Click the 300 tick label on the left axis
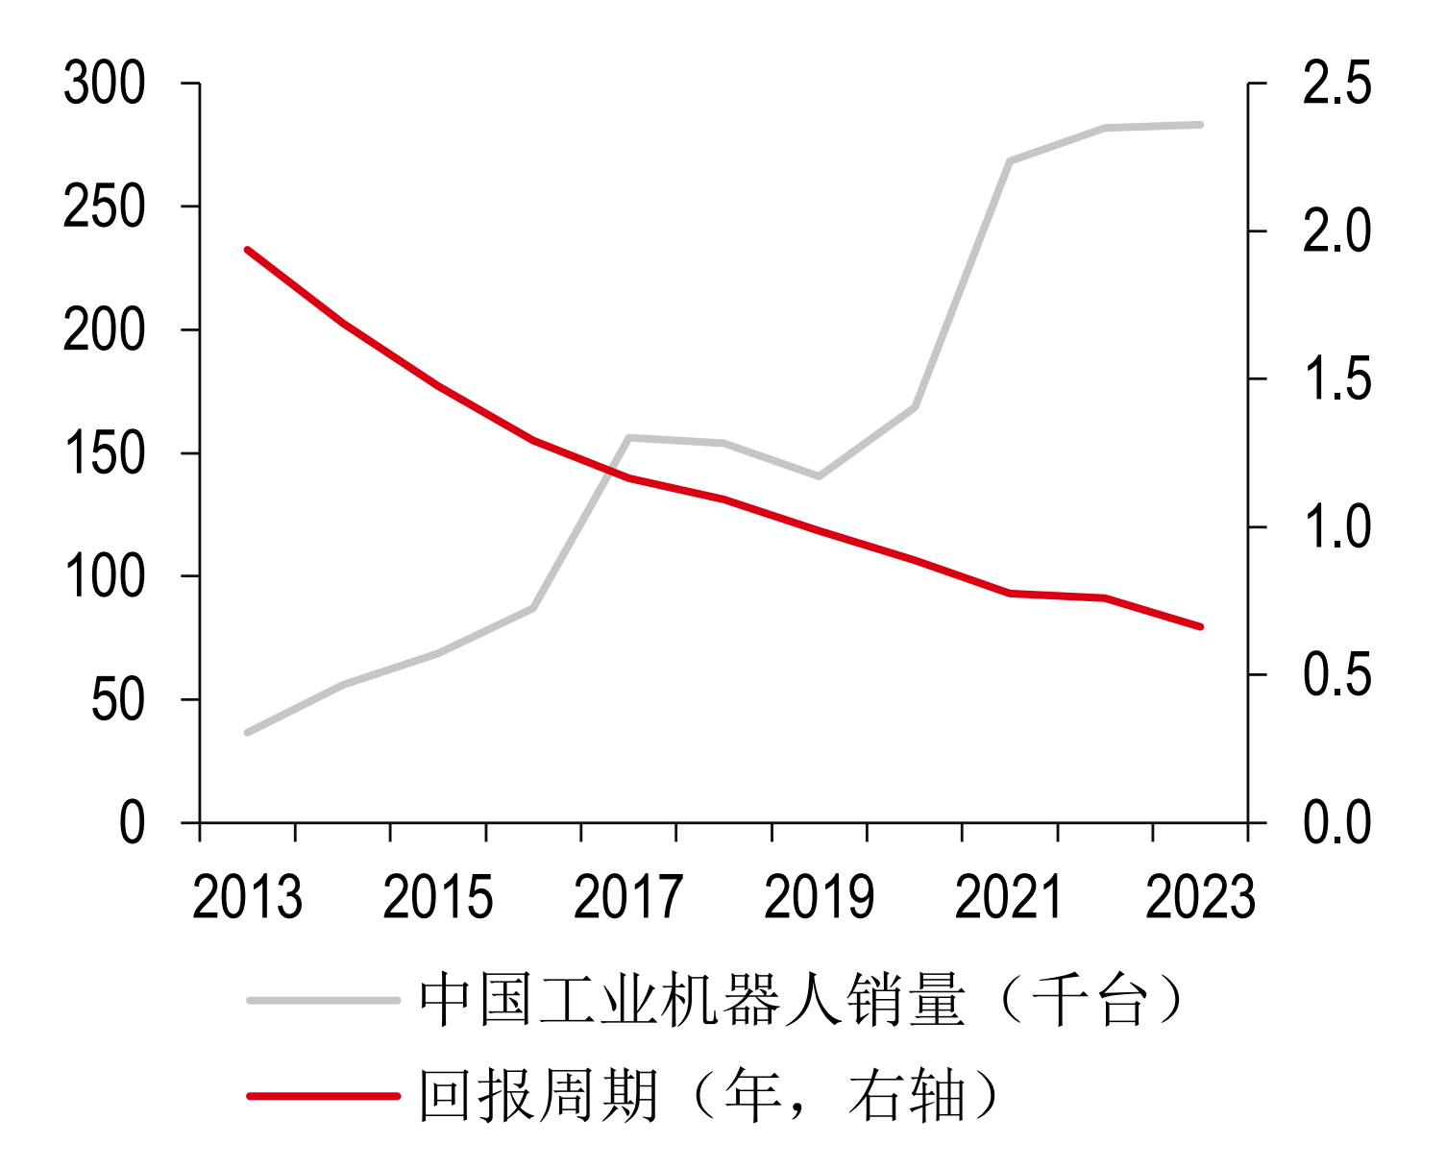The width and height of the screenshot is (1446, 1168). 104,84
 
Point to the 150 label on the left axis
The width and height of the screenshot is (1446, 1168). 104,453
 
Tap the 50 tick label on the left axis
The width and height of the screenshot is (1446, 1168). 117,700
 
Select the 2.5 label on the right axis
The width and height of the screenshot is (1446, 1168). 1336,84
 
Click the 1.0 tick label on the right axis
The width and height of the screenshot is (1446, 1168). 1336,527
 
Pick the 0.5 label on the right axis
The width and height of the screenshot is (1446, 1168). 1336,675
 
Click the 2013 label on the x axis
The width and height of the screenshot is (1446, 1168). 247,898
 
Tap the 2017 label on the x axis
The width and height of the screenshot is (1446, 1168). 628,898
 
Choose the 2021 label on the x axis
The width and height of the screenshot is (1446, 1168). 1009,898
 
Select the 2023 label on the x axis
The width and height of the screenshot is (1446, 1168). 1200,898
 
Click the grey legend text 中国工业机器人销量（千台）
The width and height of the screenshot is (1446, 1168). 802,1001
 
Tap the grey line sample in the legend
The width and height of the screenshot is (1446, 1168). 323,1000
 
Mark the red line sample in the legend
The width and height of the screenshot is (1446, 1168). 323,1095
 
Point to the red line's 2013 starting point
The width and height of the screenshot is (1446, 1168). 248,250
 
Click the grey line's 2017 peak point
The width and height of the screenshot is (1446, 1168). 629,438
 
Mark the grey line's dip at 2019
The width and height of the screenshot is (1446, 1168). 819,475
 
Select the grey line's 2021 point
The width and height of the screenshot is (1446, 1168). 1010,161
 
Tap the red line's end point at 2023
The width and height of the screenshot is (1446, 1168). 1200,626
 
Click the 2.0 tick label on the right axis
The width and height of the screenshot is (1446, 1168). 1336,231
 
